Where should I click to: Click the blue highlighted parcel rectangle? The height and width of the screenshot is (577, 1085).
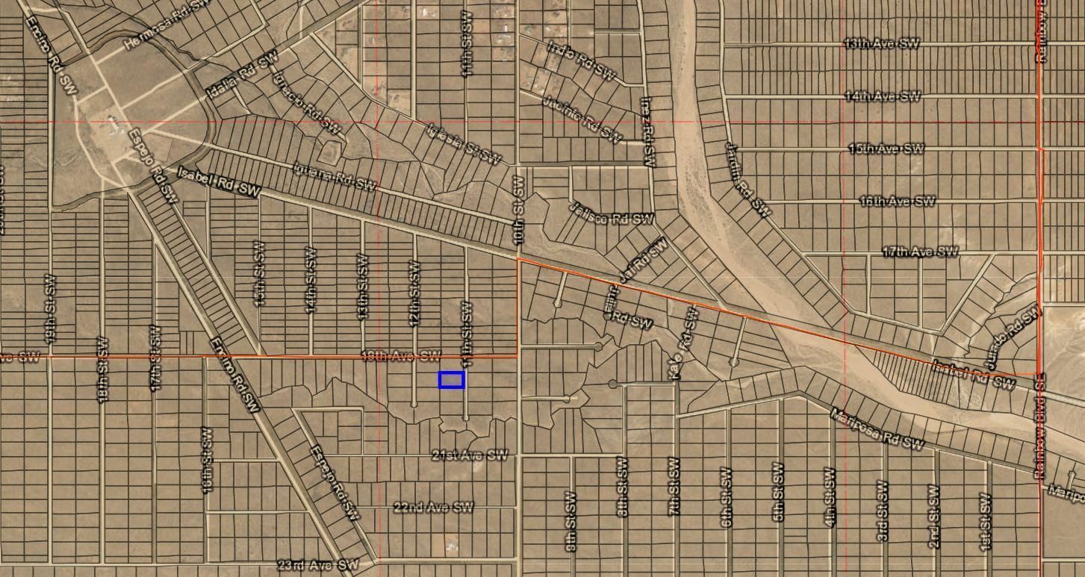click(451, 380)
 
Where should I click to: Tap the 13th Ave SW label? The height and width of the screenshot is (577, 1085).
click(881, 43)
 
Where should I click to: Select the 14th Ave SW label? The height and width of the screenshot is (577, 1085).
click(883, 96)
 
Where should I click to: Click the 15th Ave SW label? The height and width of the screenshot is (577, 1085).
click(886, 149)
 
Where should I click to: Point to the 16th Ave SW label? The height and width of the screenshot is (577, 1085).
click(897, 201)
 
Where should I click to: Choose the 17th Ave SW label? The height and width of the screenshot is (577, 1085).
click(919, 252)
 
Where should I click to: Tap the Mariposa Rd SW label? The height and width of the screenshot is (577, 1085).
click(877, 429)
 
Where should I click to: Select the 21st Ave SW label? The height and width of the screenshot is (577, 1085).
click(470, 455)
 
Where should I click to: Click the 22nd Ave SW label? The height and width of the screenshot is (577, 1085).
click(433, 508)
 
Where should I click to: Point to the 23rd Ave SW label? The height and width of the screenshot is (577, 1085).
click(317, 564)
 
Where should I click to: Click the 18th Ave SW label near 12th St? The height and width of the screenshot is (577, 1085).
click(400, 356)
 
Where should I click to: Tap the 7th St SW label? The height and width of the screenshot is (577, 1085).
click(674, 487)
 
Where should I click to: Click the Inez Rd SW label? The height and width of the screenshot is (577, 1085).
click(647, 131)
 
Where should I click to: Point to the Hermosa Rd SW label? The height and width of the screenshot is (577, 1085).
click(165, 24)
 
